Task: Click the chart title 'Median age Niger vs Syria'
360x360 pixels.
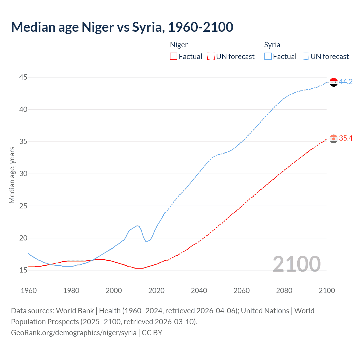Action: pyautogui.click(x=122, y=27)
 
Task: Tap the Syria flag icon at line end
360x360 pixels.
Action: pyautogui.click(x=333, y=82)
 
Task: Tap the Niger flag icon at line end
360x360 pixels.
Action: pyautogui.click(x=333, y=139)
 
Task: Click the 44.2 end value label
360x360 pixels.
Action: pyautogui.click(x=346, y=82)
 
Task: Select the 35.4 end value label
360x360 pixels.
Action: pyautogui.click(x=346, y=138)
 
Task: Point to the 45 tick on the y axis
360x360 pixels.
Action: pyautogui.click(x=23, y=77)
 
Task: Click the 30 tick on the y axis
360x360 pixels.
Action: pyautogui.click(x=23, y=174)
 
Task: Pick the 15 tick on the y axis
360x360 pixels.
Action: pyautogui.click(x=23, y=270)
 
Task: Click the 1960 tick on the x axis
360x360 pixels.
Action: pyautogui.click(x=29, y=291)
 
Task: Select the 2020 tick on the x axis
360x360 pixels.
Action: pyautogui.click(x=156, y=291)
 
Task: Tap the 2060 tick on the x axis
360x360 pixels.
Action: pyautogui.click(x=242, y=291)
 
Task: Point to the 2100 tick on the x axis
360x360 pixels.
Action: pyautogui.click(x=327, y=291)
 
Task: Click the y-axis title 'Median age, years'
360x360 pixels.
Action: pyautogui.click(x=12, y=175)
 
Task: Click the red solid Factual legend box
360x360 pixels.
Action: pyautogui.click(x=174, y=56)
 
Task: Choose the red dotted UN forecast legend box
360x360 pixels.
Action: pyautogui.click(x=211, y=56)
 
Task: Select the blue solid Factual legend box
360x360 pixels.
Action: pyautogui.click(x=268, y=56)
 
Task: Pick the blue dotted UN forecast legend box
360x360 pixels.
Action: pyautogui.click(x=305, y=56)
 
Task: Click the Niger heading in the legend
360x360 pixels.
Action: pyautogui.click(x=179, y=45)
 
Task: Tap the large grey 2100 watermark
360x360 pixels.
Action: pyautogui.click(x=296, y=264)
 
